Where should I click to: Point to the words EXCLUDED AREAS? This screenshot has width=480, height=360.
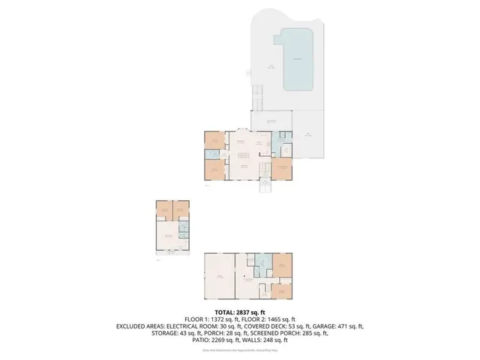click(143, 327)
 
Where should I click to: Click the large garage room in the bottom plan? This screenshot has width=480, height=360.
click(220, 277)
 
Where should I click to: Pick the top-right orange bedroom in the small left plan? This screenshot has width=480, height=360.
click(181, 211)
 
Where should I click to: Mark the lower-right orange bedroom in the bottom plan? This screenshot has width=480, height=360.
click(283, 289)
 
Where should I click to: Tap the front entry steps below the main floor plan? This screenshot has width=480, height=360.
click(265, 186)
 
